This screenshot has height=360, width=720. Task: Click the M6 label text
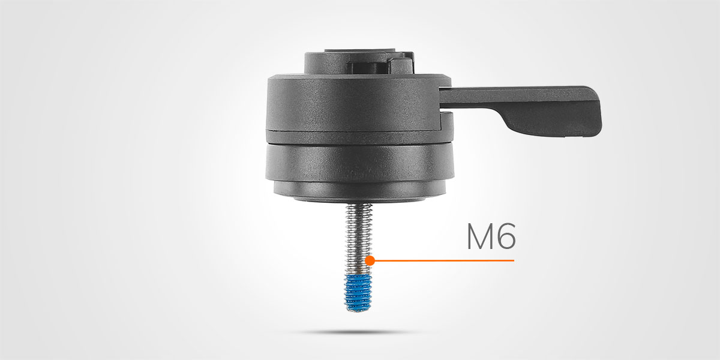(491, 236)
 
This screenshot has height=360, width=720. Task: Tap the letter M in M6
(479, 236)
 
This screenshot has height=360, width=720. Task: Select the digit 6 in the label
(506, 236)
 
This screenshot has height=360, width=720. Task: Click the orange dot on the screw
(370, 260)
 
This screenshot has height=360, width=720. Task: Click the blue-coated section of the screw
(358, 292)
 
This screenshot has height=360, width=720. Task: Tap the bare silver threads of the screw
(358, 239)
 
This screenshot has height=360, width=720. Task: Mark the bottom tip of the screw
(358, 311)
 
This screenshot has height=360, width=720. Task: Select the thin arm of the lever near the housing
(473, 97)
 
